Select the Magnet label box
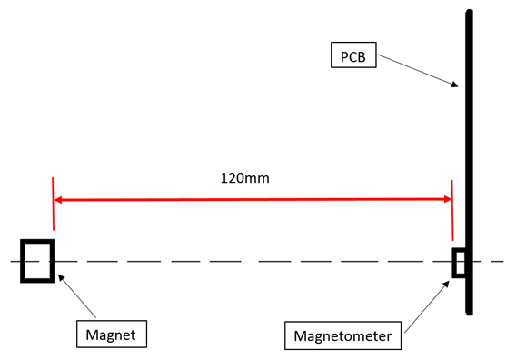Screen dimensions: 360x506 110,335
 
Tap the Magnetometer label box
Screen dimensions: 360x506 342,337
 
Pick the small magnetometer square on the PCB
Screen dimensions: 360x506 460,262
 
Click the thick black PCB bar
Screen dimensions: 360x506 469,136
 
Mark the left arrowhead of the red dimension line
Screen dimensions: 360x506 60,200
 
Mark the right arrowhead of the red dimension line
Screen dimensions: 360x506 446,200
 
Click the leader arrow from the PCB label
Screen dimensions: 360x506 418,71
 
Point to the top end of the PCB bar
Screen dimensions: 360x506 469,13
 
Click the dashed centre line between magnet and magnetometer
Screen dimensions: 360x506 245,262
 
